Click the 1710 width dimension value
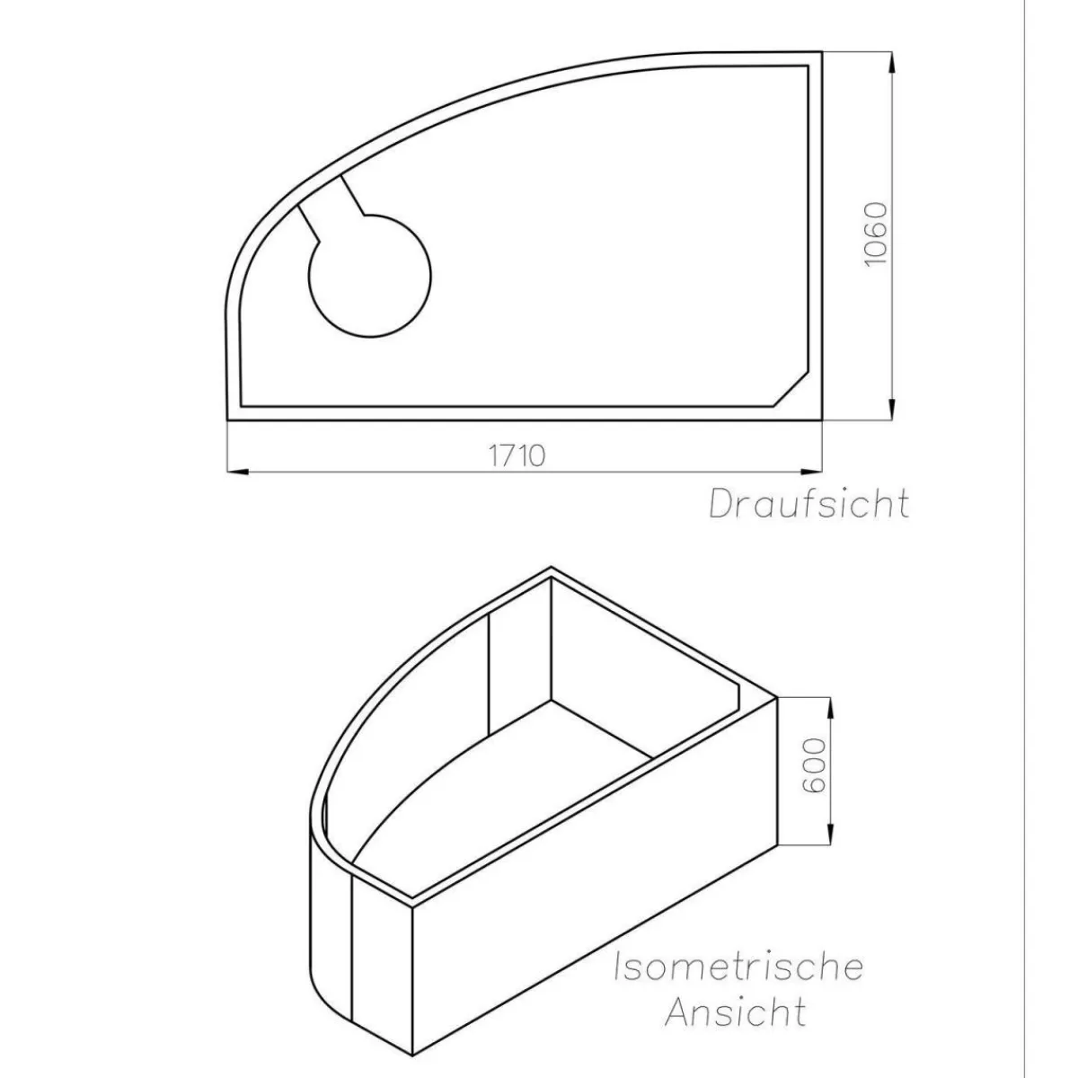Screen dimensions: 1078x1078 tap(517, 456)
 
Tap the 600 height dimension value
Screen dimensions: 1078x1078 tap(814, 764)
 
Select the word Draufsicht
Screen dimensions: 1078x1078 tap(808, 504)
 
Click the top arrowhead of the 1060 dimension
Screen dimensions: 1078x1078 tap(892, 63)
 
